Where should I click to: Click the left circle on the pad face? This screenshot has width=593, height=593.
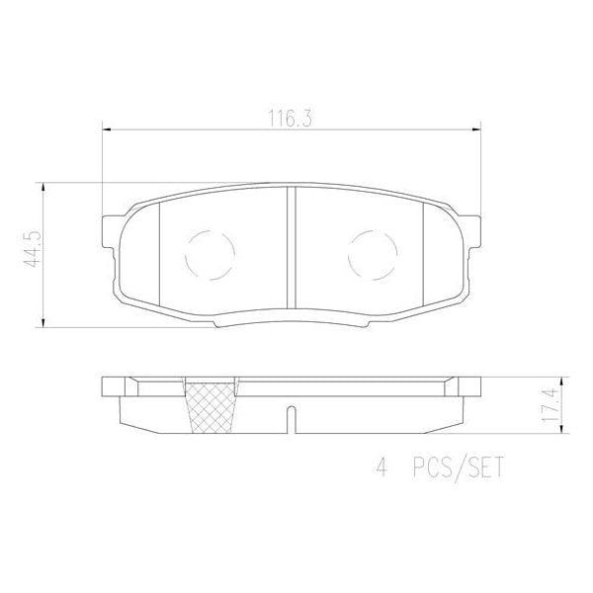tap(209, 254)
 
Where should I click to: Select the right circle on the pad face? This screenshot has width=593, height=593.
tap(373, 254)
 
